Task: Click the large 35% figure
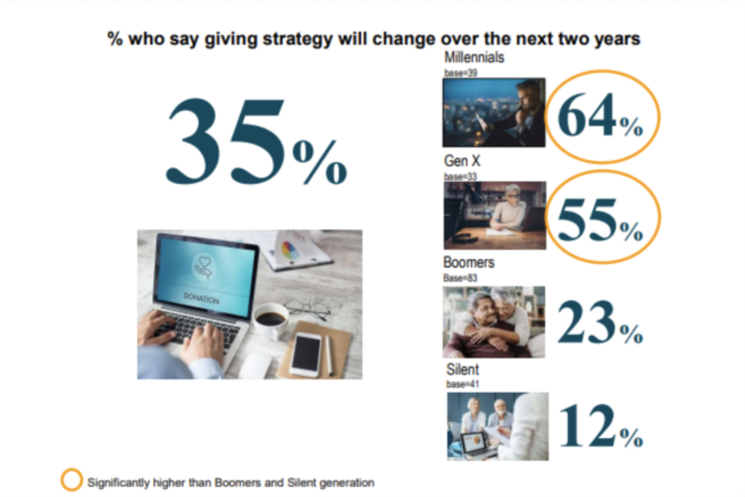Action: click(256, 142)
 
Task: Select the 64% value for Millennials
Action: click(600, 115)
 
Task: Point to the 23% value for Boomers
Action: click(600, 322)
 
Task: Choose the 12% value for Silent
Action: click(601, 426)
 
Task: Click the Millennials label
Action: click(474, 57)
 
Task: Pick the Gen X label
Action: click(462, 161)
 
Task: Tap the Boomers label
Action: click(469, 262)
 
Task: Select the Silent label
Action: click(462, 369)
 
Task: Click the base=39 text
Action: click(461, 73)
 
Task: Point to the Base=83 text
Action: click(460, 278)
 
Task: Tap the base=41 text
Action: click(462, 384)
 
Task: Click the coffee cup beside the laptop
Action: click(270, 320)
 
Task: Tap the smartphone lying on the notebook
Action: click(306, 355)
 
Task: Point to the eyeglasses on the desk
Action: click(307, 309)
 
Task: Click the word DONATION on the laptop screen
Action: click(201, 299)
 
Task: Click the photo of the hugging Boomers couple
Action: click(494, 322)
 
